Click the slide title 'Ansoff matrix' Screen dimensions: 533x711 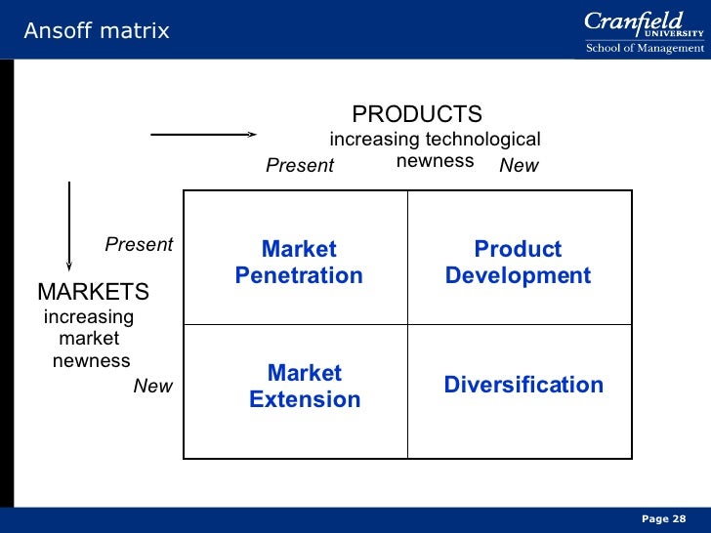point(97,31)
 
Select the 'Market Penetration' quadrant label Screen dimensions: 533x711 point(299,263)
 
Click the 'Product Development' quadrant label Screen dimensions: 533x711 point(518,263)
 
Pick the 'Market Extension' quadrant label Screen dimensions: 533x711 point(305,387)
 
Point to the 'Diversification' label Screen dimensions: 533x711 point(523,385)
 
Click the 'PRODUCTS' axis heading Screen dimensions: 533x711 point(417,114)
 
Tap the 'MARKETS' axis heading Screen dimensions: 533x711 point(93,292)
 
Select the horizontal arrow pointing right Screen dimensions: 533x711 point(203,135)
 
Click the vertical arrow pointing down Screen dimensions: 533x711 point(69,224)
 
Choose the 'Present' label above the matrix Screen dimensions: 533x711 point(300,166)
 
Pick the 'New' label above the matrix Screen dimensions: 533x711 point(519,166)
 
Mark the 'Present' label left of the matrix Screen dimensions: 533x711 point(139,245)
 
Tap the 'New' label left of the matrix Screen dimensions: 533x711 point(152,387)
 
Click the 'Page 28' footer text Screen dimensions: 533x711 point(664,518)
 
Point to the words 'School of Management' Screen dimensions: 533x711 point(644,48)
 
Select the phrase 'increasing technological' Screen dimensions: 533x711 point(435,140)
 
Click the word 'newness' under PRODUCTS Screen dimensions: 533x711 point(435,160)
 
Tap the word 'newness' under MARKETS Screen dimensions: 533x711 point(91,361)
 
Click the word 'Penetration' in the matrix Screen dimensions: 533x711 point(299,276)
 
